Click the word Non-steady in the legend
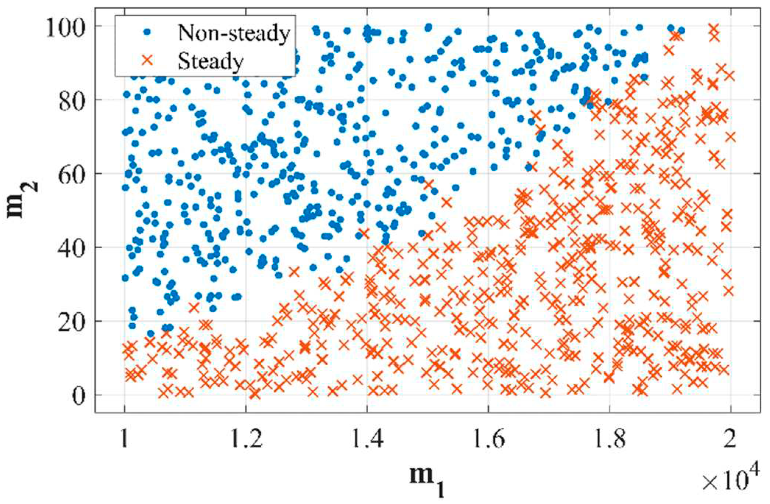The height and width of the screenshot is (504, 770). pos(234,33)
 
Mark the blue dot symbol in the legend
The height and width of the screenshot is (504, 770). pos(147,32)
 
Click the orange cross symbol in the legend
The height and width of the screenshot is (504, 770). pos(147,60)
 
